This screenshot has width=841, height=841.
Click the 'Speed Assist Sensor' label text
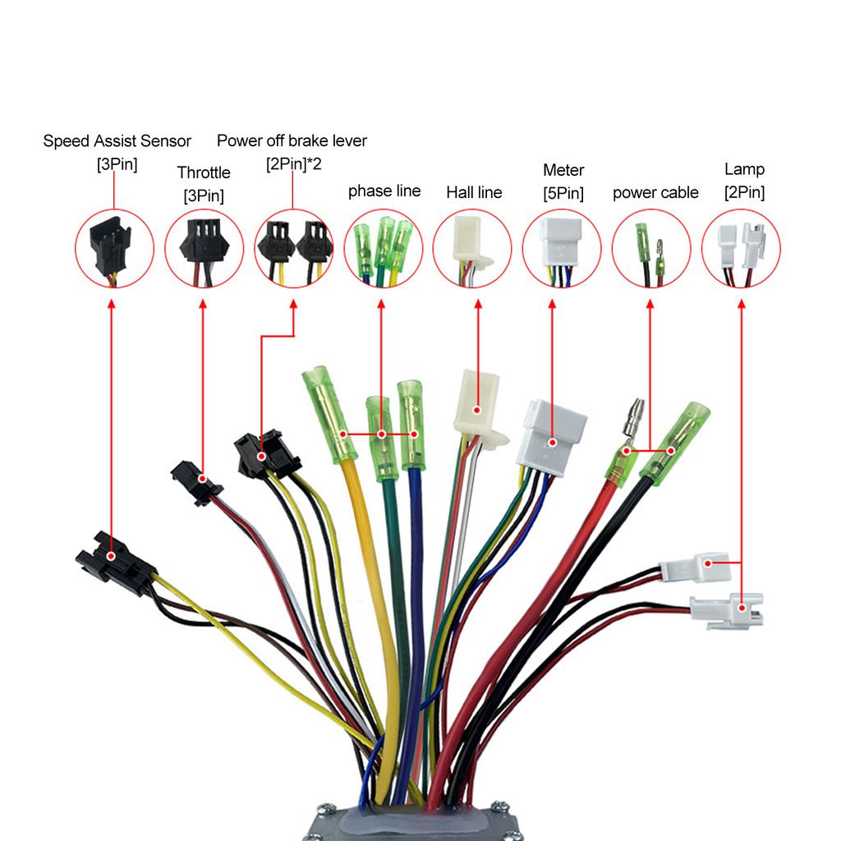coord(117,141)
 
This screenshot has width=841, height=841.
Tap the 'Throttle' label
coord(204,172)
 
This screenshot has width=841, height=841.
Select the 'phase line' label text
coord(384,191)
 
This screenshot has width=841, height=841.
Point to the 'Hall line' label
coord(474,193)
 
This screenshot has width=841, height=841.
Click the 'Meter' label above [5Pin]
coord(563,171)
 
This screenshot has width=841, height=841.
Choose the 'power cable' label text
coord(655,193)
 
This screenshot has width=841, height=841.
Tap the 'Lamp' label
coord(744,170)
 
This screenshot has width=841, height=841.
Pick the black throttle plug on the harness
coord(196,480)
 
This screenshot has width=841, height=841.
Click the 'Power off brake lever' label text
coord(292,141)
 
